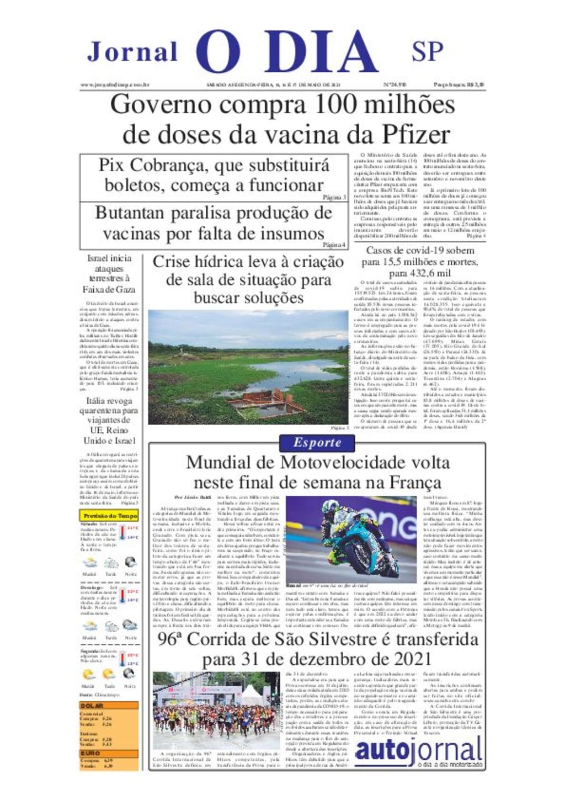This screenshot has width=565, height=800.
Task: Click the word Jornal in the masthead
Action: click(132, 52)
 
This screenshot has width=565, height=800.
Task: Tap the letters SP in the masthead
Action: click(427, 51)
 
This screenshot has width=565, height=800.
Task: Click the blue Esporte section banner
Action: click(317, 443)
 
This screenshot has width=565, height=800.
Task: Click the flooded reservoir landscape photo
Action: click(248, 367)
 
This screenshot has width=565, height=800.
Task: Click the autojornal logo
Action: click(418, 751)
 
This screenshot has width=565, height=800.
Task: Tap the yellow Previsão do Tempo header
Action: click(109, 516)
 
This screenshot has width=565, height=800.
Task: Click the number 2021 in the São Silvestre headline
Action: click(405, 659)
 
